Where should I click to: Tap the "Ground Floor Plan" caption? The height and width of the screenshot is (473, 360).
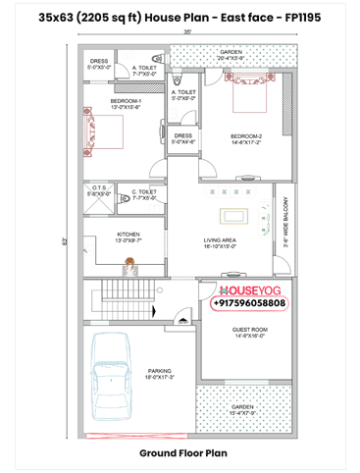(181, 453)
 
